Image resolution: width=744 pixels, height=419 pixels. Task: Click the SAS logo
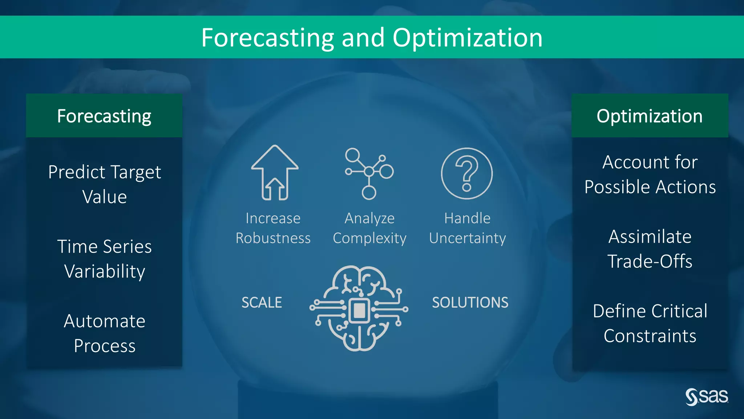point(707,396)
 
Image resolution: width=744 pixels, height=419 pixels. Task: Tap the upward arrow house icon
point(275,173)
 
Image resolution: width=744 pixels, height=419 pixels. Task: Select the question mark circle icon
point(467,173)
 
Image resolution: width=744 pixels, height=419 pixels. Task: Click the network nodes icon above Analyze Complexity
point(369,173)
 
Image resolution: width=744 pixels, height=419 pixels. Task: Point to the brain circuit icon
point(359,308)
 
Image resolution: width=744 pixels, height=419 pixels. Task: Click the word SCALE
point(262,303)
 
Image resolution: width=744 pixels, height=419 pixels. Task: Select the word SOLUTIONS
point(470,303)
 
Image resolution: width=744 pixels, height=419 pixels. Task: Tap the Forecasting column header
point(104,116)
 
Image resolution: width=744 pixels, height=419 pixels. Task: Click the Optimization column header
point(650,116)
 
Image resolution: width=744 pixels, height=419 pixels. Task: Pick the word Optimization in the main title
point(468,38)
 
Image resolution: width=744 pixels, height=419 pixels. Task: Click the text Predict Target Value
point(105,184)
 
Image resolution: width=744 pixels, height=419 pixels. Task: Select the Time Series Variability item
point(105,259)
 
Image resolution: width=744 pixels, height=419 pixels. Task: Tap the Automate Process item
point(105,333)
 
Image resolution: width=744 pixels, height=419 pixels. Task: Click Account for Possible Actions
point(650,175)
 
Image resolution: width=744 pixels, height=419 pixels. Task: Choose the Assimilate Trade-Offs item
point(650,249)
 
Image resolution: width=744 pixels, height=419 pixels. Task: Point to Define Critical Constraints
point(650,323)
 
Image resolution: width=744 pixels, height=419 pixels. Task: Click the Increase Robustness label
point(273,228)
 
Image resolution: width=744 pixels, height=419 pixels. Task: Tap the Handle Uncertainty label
point(468,228)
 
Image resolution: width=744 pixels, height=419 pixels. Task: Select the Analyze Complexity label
point(369,228)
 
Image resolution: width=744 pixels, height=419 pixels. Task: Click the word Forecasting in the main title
point(267,38)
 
